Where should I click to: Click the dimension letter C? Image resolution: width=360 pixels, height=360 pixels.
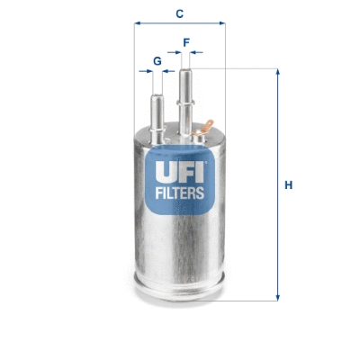[179, 13]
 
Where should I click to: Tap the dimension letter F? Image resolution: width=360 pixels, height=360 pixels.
[186, 41]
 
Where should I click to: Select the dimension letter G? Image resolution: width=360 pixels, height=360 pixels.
[157, 60]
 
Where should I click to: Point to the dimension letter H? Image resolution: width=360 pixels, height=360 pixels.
[288, 185]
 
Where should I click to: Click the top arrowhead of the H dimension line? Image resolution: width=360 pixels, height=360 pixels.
[277, 72]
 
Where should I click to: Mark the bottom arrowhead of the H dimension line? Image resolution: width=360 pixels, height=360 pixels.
[277, 299]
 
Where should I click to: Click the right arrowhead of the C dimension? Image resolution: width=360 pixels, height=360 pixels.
[221, 24]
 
